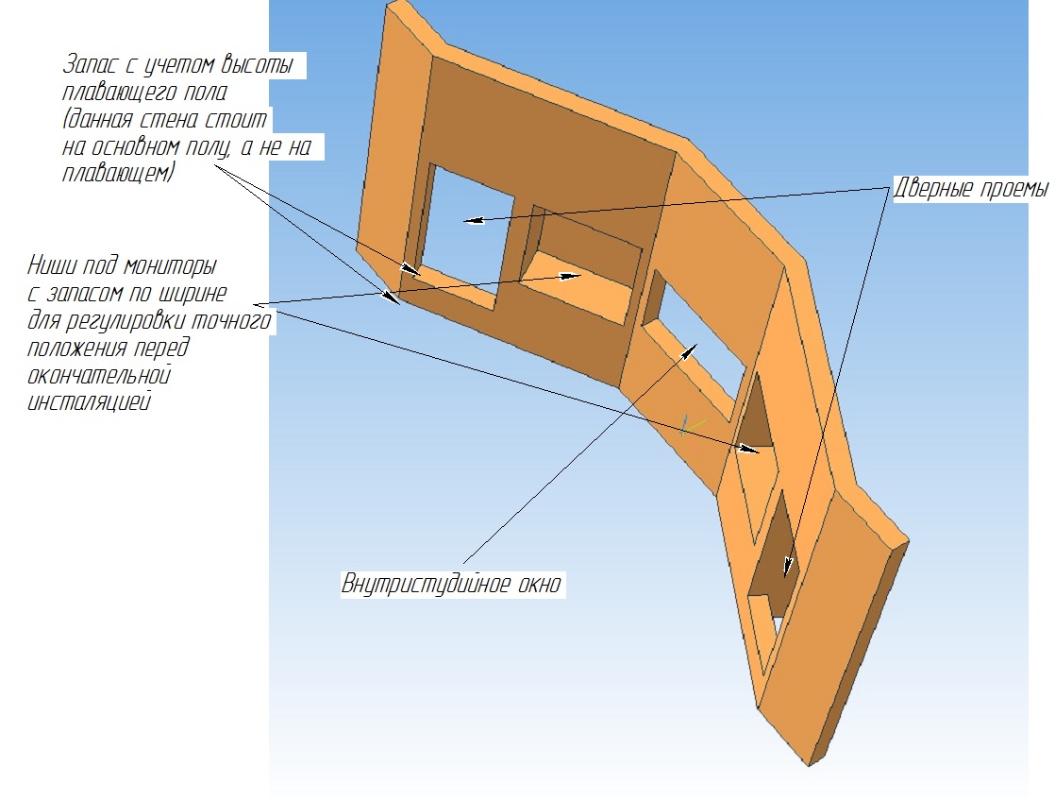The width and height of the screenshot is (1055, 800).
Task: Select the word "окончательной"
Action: click(99, 374)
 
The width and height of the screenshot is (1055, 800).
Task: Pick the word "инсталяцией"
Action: click(88, 402)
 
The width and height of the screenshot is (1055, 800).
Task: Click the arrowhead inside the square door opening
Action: click(473, 219)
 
